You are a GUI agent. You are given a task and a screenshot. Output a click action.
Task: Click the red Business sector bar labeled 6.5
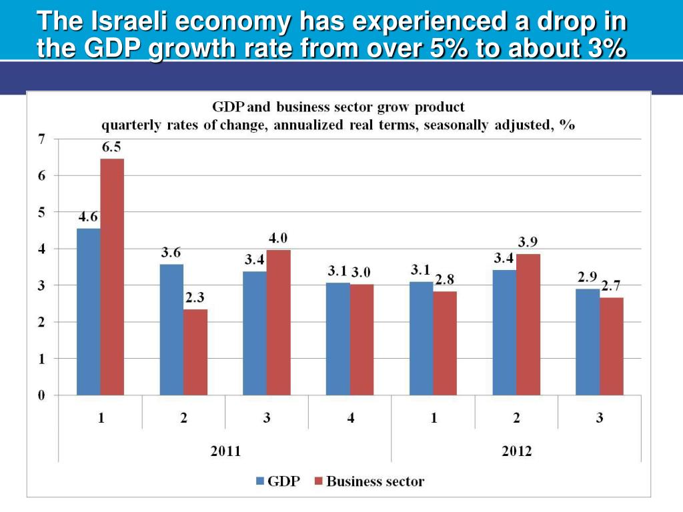[x=112, y=277]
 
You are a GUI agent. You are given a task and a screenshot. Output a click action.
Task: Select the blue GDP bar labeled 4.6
[x=88, y=311]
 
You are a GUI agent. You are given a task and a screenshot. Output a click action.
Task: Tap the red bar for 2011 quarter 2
[x=195, y=352]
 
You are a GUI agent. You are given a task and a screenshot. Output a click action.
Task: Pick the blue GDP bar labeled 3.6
[x=171, y=329]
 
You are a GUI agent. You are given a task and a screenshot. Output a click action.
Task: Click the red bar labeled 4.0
[x=278, y=322]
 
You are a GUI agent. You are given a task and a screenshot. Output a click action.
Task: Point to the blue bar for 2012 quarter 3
[x=588, y=341]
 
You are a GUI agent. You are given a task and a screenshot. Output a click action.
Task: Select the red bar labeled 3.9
[x=528, y=324]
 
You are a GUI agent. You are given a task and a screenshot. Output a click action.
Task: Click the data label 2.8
[x=445, y=280]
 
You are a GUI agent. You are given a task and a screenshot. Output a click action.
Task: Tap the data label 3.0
[x=361, y=272]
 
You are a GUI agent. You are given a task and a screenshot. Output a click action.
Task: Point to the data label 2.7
[x=611, y=286]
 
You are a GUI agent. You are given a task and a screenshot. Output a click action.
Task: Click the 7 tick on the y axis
[x=41, y=139]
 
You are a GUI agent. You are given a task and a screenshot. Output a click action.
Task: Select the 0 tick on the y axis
[x=41, y=395]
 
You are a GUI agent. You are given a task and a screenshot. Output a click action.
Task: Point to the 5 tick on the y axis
[x=41, y=213]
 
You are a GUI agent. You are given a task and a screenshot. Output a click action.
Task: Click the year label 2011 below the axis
[x=225, y=451]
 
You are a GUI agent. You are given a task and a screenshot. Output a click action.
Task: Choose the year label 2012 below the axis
[x=517, y=451]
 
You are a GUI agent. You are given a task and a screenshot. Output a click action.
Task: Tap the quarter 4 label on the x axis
[x=350, y=418]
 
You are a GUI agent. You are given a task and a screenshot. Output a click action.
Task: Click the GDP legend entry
[x=277, y=481]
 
